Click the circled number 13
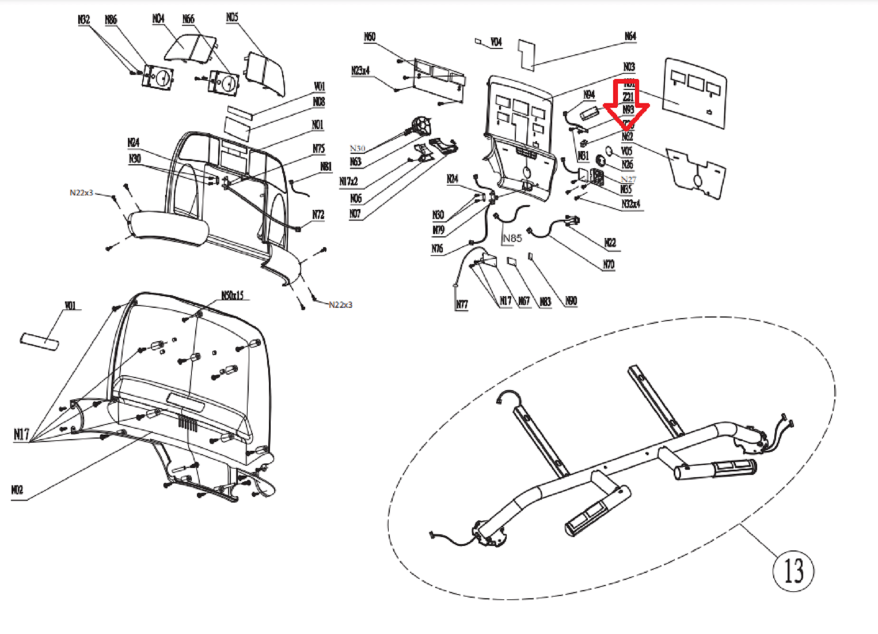(x=793, y=571)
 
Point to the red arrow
(x=627, y=106)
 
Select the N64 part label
(x=630, y=36)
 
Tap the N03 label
(x=629, y=67)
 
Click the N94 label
(x=589, y=95)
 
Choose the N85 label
(x=512, y=238)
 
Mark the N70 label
(x=609, y=265)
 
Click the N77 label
(x=462, y=304)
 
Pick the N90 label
(x=571, y=301)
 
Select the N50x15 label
(x=233, y=296)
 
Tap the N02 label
(x=17, y=490)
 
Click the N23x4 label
(x=360, y=71)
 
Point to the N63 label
(x=355, y=162)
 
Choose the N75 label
(x=318, y=149)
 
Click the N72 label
(x=318, y=215)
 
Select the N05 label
(x=232, y=18)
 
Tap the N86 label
(x=111, y=20)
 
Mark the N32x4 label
(x=631, y=204)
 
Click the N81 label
(x=326, y=167)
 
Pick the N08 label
(x=318, y=102)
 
